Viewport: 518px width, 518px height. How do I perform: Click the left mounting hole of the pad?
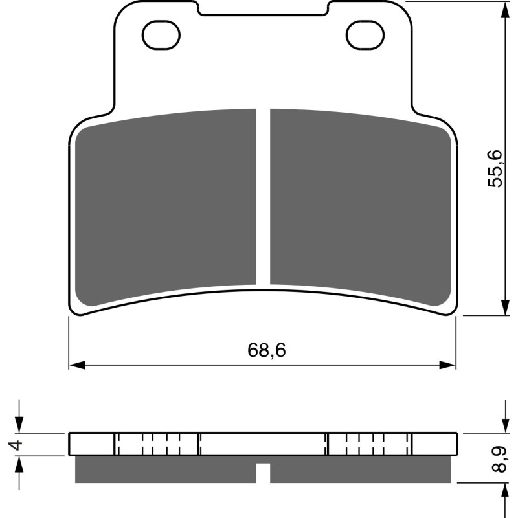[158, 34]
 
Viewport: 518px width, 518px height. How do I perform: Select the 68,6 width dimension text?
[266, 350]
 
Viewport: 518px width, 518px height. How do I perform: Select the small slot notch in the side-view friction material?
[263, 473]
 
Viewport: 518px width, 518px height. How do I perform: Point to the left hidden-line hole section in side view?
[157, 444]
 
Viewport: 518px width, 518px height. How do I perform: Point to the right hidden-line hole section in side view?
[369, 444]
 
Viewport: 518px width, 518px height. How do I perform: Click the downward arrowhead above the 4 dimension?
[20, 425]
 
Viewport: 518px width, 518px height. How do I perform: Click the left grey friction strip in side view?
[166, 469]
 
